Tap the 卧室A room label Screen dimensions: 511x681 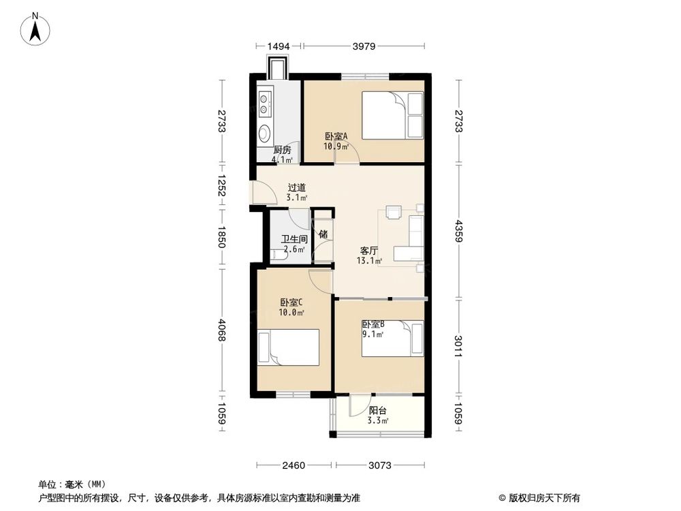pyautogui.click(x=336, y=136)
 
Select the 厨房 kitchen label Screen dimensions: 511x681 pyautogui.click(x=283, y=150)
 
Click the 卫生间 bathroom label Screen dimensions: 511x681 pyautogui.click(x=295, y=240)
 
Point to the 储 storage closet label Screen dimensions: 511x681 pyautogui.click(x=323, y=234)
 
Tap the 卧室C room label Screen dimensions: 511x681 pyautogui.click(x=291, y=303)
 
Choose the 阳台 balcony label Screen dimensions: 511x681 pyautogui.click(x=378, y=410)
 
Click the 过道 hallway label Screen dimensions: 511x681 pyautogui.click(x=296, y=187)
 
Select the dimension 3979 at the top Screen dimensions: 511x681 pyautogui.click(x=364, y=46)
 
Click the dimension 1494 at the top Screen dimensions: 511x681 pyautogui.click(x=279, y=46)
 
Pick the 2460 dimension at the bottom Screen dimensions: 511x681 pyautogui.click(x=294, y=466)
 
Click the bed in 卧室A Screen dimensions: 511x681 pyautogui.click(x=392, y=116)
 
